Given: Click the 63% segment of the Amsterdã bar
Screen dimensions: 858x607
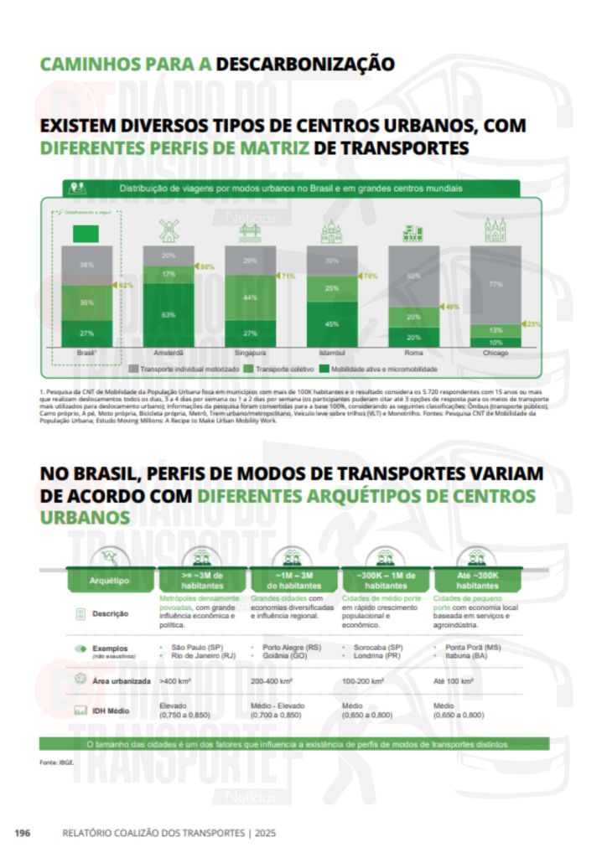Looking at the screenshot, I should click(x=169, y=315).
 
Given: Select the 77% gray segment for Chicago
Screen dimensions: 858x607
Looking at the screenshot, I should click(x=495, y=285).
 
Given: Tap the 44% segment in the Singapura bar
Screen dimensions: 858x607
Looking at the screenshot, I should click(x=250, y=297).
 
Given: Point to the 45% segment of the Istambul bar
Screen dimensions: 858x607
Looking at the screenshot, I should click(x=332, y=323).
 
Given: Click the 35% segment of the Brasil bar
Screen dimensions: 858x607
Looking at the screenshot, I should click(x=86, y=302).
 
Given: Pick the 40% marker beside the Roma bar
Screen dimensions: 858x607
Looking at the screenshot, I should click(x=450, y=307).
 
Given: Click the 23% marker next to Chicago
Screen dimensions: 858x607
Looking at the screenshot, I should click(x=532, y=323).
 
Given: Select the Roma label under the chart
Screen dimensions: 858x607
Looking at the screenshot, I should click(x=413, y=354).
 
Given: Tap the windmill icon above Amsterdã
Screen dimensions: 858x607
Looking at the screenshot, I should click(x=169, y=230).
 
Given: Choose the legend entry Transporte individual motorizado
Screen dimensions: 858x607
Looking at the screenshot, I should click(x=188, y=368).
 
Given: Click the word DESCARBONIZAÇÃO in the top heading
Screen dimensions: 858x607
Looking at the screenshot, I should click(x=305, y=64).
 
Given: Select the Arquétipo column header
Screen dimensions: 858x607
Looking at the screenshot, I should click(x=110, y=580).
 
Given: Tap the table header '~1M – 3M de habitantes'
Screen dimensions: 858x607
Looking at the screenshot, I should click(x=295, y=580).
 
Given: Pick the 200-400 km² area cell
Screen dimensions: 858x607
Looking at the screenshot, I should click(x=272, y=682).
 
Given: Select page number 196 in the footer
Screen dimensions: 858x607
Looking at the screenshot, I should click(x=22, y=833).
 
